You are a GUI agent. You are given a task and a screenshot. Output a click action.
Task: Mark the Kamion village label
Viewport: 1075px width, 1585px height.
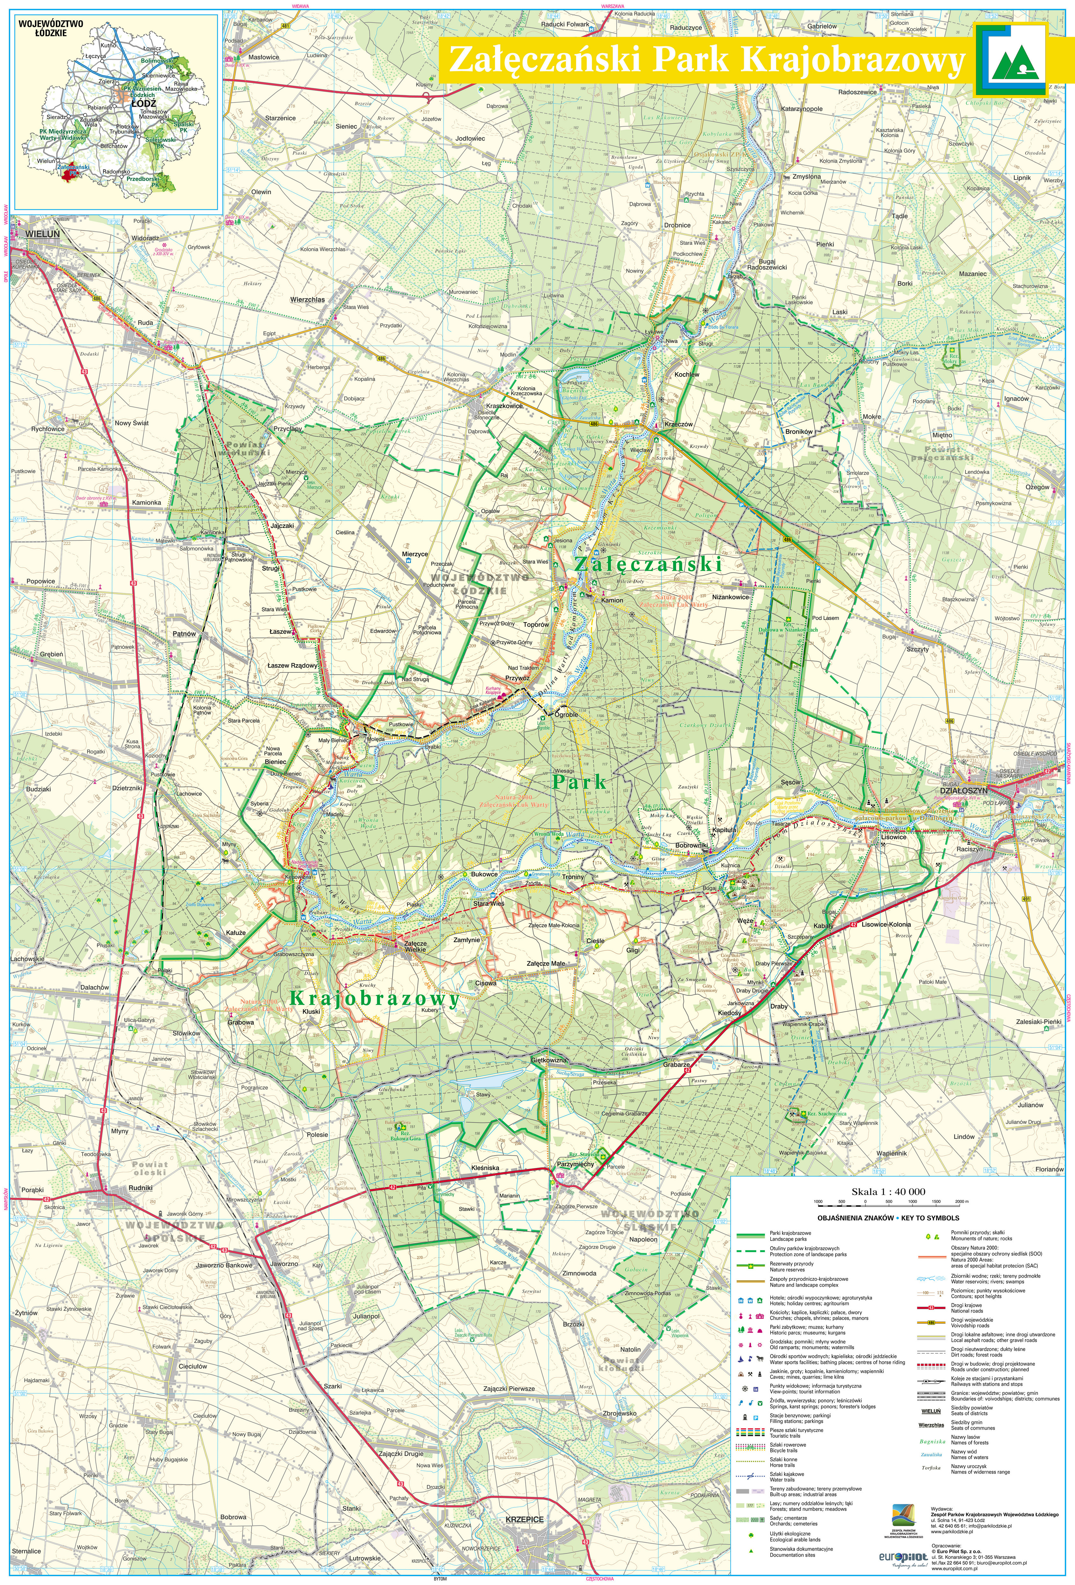coord(612,600)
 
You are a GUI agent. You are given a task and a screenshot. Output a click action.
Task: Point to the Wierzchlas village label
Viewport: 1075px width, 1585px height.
coord(308,299)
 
